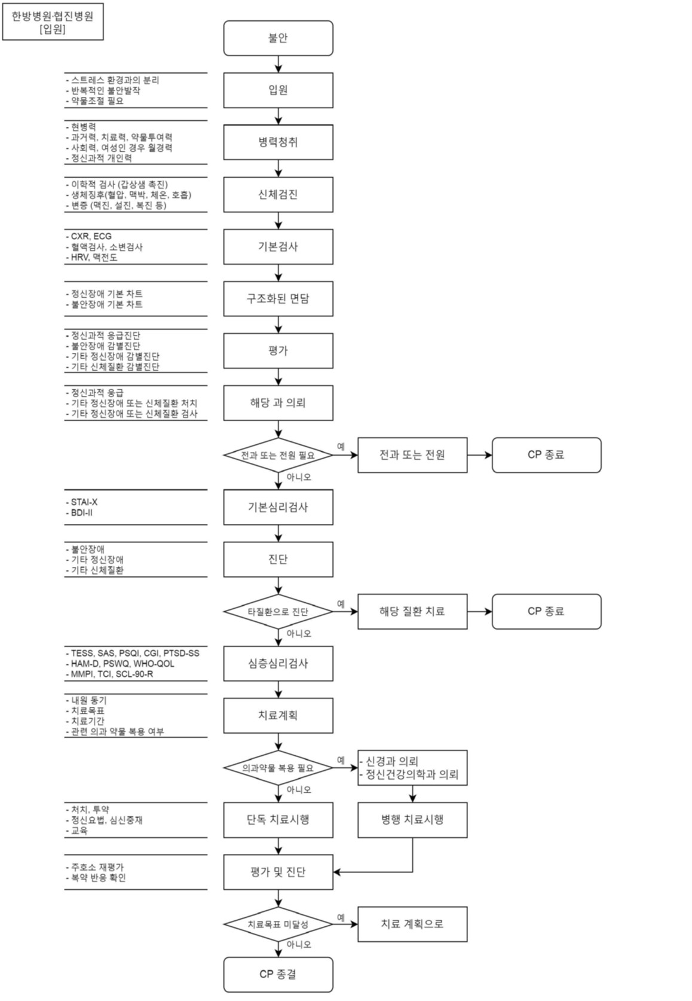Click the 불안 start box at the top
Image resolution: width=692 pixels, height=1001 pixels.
pos(278,38)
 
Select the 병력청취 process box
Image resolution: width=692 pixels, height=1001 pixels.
pos(278,142)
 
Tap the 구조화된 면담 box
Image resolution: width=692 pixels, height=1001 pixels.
pos(278,299)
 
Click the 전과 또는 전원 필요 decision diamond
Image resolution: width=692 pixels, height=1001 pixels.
pos(278,455)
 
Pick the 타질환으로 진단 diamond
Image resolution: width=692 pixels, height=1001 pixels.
pos(278,612)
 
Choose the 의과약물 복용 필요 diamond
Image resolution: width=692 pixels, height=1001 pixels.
pos(278,768)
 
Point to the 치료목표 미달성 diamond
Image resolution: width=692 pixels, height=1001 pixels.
pos(278,924)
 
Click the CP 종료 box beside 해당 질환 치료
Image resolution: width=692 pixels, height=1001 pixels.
pos(546,612)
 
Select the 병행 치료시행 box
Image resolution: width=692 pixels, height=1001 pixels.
pos(412,820)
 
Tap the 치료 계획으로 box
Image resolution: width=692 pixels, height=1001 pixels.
pos(412,924)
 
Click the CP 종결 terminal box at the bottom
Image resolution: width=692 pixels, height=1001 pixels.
pos(278,975)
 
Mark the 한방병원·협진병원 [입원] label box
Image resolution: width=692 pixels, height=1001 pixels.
pos(53,23)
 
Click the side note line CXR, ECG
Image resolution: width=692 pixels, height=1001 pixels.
pos(91,237)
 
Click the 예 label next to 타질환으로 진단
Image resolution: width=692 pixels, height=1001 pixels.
pos(341,604)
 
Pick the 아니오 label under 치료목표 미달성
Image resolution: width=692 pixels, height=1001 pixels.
pos(299,945)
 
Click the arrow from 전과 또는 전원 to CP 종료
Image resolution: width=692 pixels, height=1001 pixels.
pos(479,455)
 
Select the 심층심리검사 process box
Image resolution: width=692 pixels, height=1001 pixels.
pos(278,664)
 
